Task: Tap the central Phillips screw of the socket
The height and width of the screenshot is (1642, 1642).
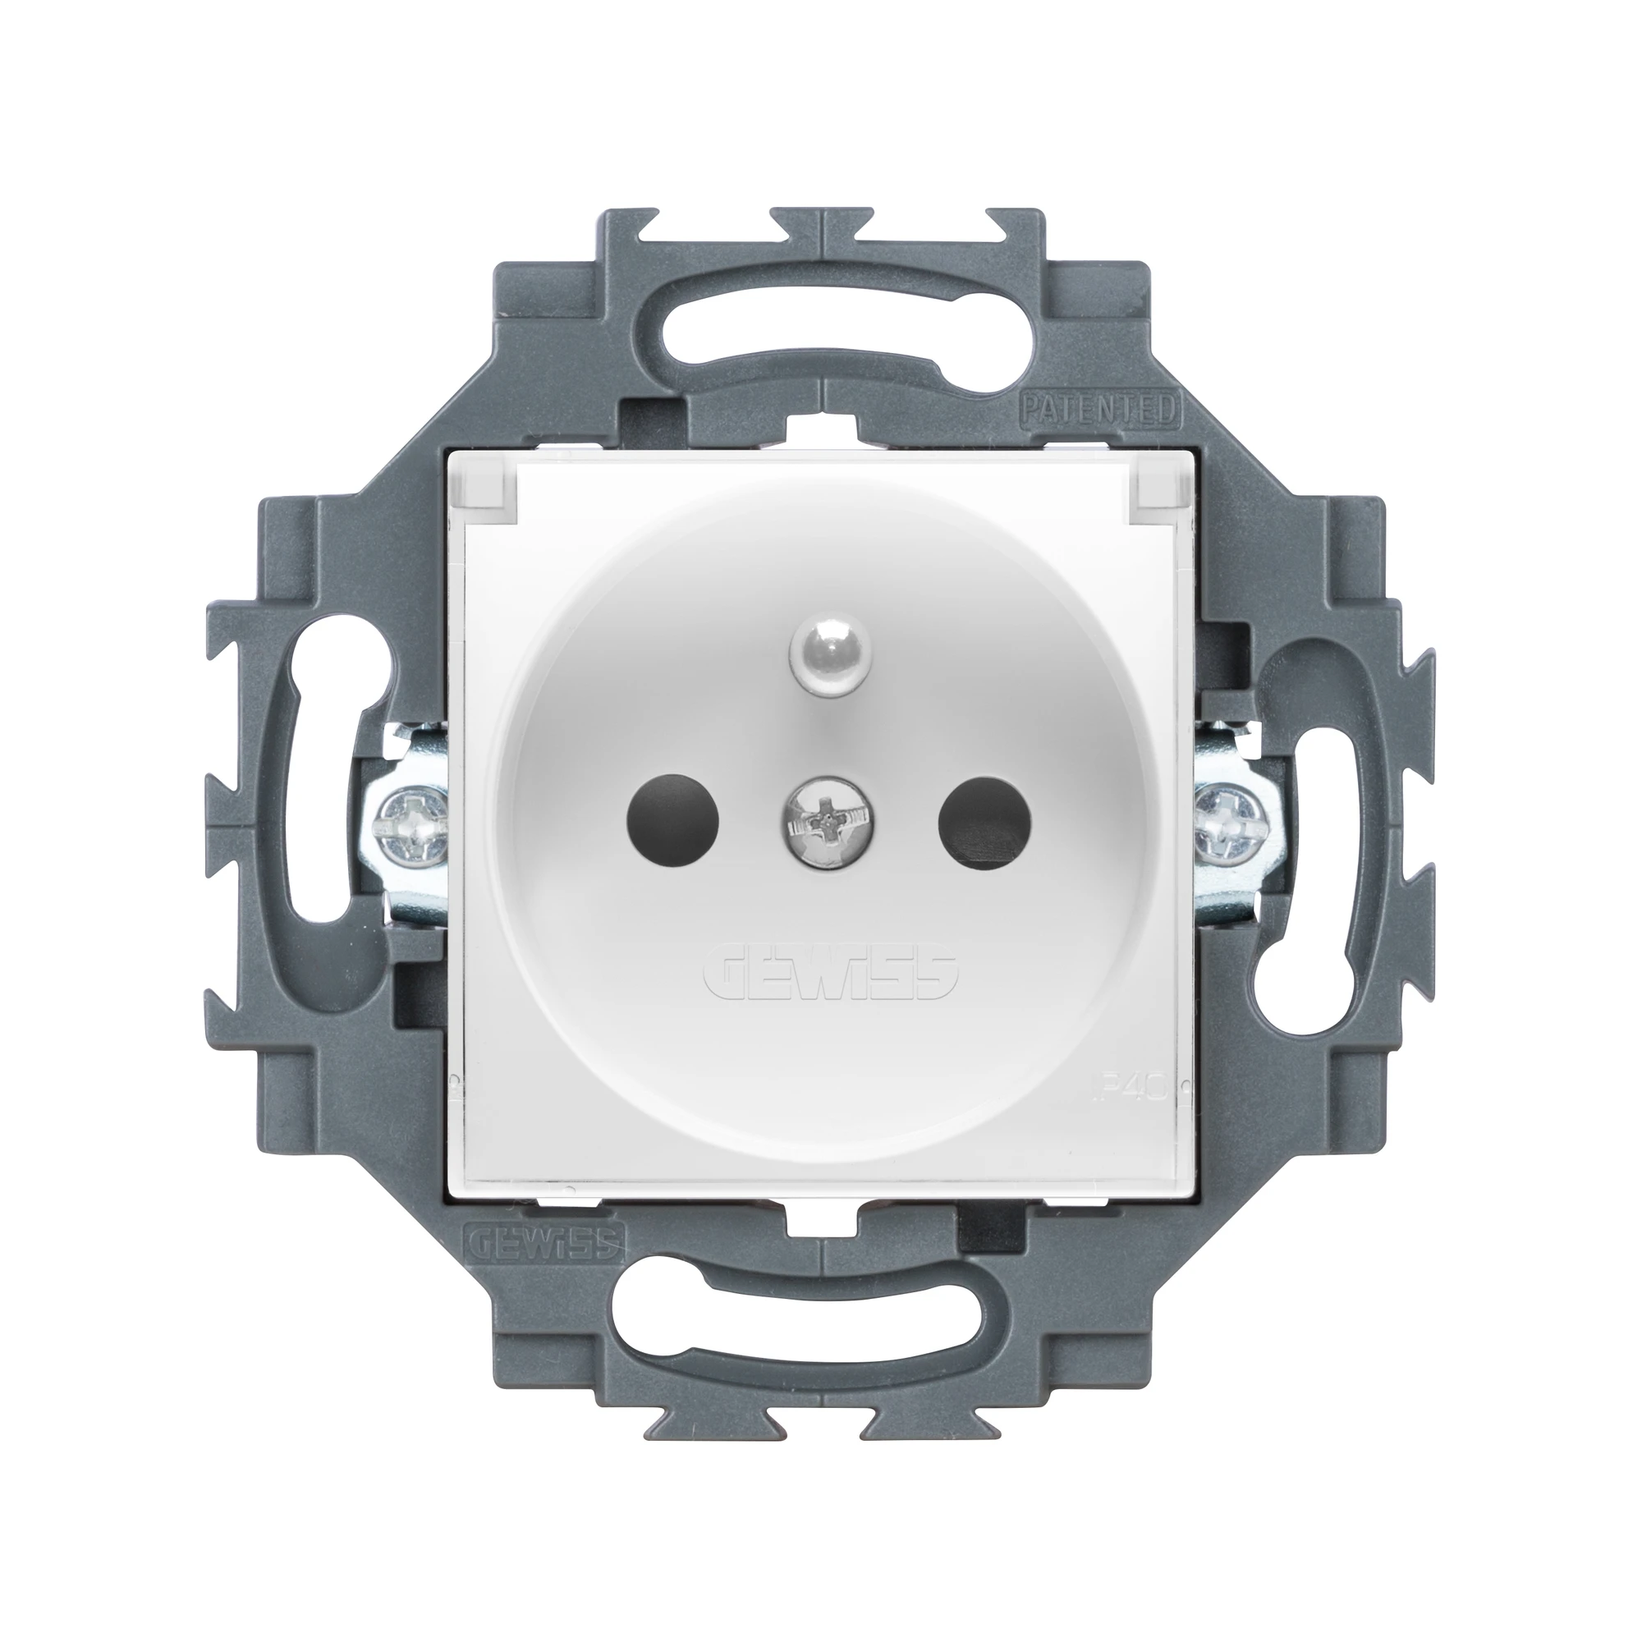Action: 821,823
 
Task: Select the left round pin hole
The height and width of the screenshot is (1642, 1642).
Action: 672,819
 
